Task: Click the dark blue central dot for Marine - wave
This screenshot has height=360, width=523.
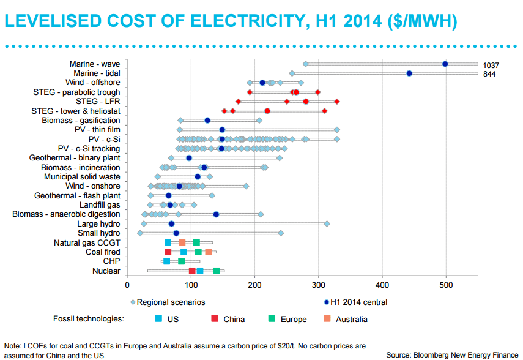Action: click(x=445, y=64)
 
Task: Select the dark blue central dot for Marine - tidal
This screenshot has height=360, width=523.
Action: click(x=409, y=73)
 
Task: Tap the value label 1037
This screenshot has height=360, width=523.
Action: click(x=491, y=65)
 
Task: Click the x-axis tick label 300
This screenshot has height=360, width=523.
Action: click(x=319, y=285)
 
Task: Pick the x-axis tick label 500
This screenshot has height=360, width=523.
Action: click(x=446, y=285)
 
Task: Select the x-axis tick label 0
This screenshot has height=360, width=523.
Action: click(x=127, y=285)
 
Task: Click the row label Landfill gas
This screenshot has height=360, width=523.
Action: click(x=100, y=204)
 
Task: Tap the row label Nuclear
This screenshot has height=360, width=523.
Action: click(x=106, y=271)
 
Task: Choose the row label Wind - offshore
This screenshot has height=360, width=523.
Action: click(x=93, y=83)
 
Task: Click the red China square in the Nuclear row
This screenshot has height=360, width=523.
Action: click(x=192, y=271)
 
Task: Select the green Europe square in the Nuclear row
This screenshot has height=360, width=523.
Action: click(x=217, y=271)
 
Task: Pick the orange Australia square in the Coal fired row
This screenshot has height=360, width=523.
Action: click(x=209, y=252)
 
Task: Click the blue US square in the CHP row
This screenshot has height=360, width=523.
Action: click(x=167, y=261)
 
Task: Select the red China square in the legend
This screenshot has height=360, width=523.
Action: click(x=214, y=318)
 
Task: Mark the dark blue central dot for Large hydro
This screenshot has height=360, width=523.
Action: click(x=171, y=223)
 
